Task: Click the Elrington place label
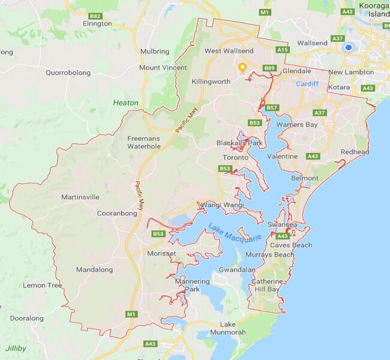click(x=97, y=24)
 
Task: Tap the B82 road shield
click(x=94, y=16)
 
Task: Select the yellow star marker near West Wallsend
click(x=242, y=67)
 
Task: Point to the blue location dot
click(x=347, y=47)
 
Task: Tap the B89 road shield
click(x=269, y=68)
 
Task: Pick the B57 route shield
click(x=272, y=108)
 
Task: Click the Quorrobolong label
click(x=68, y=73)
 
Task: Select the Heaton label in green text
click(x=125, y=103)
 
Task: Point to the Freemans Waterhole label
click(x=143, y=142)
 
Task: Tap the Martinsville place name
click(x=80, y=197)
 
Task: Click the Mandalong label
click(x=94, y=270)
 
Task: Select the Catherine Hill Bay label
click(x=267, y=286)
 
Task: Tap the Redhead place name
click(x=355, y=152)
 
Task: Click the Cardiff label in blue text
click(x=307, y=83)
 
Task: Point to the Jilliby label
click(x=16, y=348)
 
